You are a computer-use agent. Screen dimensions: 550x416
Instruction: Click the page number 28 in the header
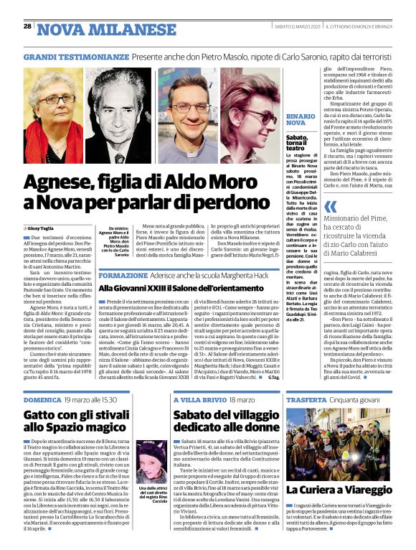tap(27, 27)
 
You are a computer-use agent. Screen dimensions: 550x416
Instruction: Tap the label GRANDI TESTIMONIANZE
tap(70, 55)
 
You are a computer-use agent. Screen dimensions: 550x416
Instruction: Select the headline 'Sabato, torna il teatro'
tap(299, 141)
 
